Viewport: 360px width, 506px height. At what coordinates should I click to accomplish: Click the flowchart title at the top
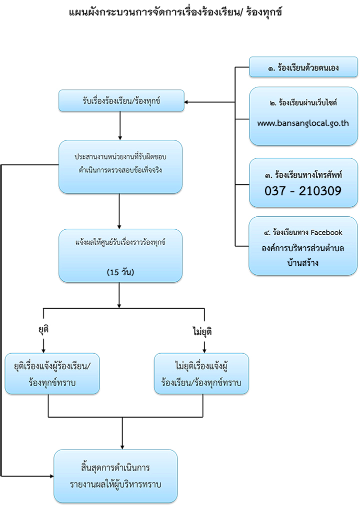coord(175,12)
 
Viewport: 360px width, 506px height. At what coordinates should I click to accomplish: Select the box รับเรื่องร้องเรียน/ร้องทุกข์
coord(121,101)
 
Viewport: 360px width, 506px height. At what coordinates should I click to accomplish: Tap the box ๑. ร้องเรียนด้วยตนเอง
coord(303,67)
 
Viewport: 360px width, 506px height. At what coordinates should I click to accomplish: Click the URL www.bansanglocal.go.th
coord(303,123)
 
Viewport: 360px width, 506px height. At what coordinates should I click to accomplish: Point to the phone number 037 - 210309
coord(303,191)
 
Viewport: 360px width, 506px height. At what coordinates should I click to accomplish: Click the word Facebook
coord(326,232)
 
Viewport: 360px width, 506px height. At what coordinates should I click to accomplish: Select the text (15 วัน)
coord(120,272)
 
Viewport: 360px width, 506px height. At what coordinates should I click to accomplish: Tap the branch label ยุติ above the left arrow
coord(43,330)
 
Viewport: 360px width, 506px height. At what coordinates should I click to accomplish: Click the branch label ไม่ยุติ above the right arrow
coord(202,331)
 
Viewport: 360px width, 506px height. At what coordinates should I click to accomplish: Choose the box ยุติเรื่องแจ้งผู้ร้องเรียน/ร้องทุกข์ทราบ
coord(52,374)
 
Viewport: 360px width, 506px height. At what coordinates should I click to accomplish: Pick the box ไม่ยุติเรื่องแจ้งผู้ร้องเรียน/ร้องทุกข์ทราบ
coord(201,374)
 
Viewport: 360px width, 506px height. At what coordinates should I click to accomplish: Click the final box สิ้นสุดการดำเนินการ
coord(115,476)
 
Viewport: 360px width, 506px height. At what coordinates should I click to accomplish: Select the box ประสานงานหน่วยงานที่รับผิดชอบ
coord(120,167)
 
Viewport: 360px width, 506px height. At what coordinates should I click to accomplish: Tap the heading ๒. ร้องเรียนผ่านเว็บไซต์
coord(303,102)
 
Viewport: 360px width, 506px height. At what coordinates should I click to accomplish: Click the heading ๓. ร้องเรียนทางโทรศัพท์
coord(303,175)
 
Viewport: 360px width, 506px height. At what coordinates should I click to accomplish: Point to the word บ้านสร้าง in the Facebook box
coord(303,262)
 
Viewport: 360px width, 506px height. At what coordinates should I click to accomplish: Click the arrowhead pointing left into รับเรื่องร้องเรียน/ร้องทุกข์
coord(186,102)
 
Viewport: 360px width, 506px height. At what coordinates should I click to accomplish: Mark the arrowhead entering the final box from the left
coord(51,476)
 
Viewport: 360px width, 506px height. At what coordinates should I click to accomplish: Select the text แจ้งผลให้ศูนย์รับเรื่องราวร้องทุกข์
coord(120,242)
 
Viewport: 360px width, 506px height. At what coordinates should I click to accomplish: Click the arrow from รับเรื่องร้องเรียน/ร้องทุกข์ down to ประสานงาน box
coord(120,126)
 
